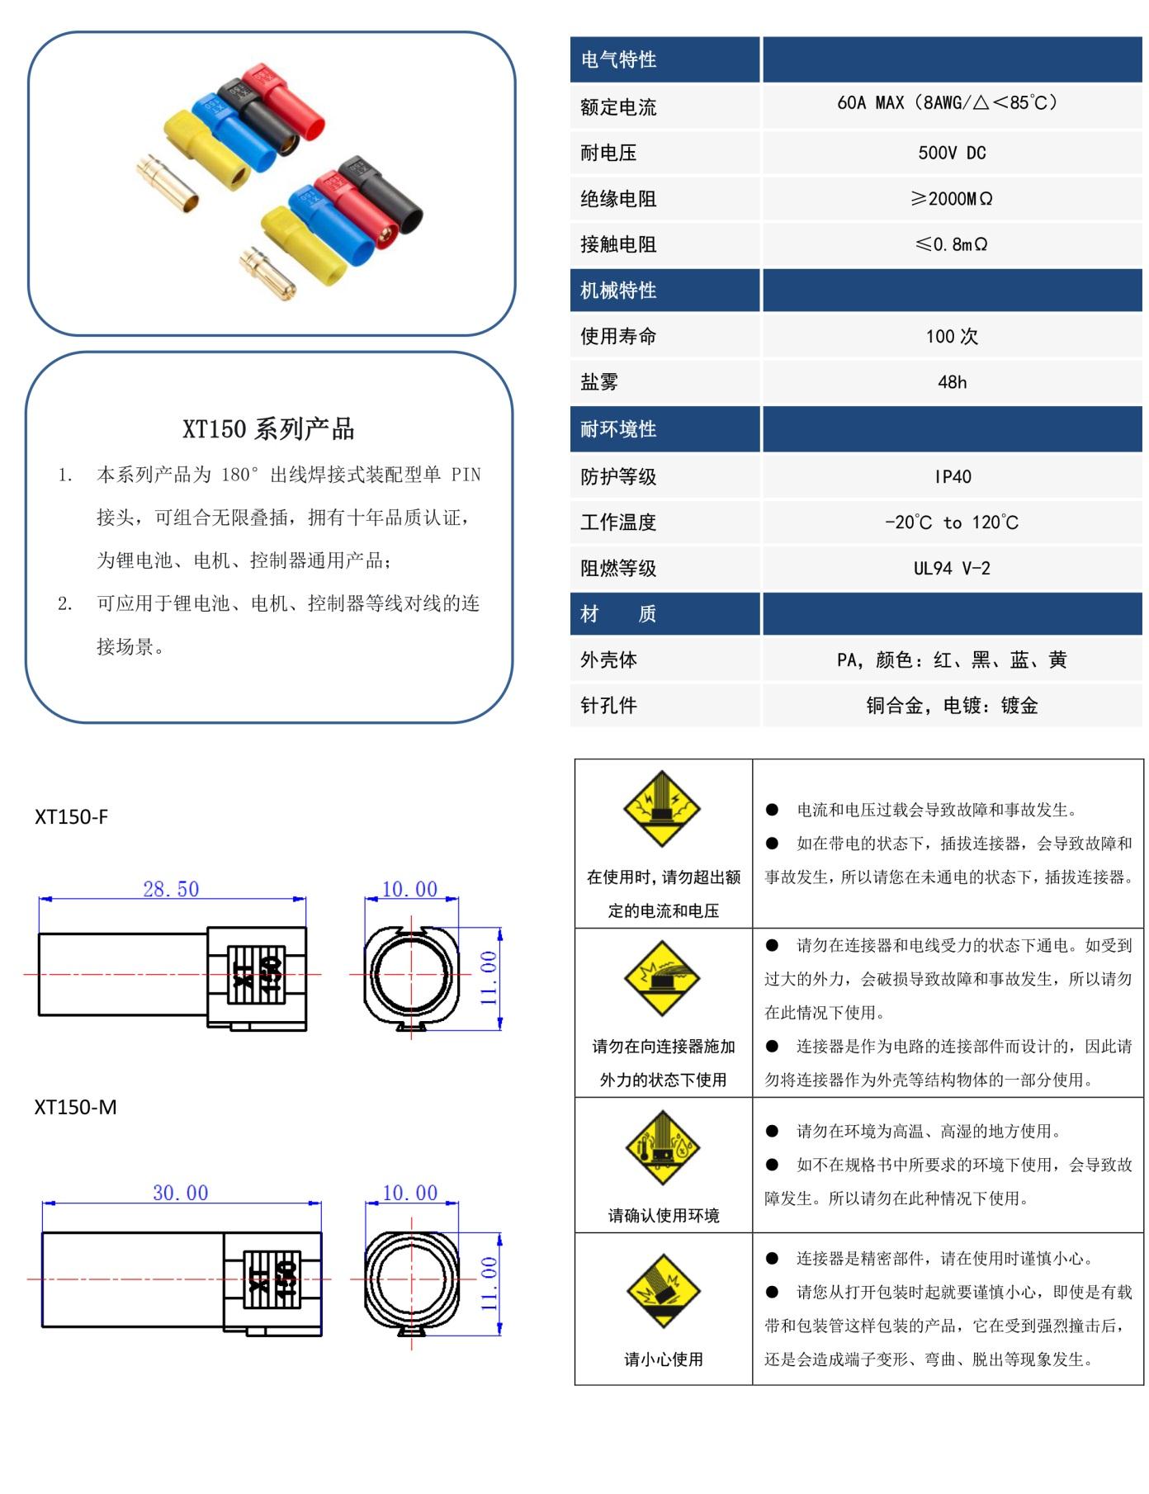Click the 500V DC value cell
(952, 153)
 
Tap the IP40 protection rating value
(953, 476)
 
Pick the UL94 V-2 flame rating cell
(952, 568)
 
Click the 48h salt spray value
(952, 382)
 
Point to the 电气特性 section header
(619, 59)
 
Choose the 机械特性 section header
(619, 291)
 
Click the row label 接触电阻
(618, 244)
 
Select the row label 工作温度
(618, 522)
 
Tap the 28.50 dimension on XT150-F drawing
(171, 889)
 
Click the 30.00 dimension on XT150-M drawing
(180, 1193)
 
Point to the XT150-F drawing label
(71, 816)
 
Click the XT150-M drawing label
(75, 1107)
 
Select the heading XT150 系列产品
(268, 428)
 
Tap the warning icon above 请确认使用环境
(663, 1148)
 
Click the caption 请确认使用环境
(664, 1215)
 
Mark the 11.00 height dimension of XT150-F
(489, 978)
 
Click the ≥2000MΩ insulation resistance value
(952, 199)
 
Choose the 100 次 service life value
(952, 336)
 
